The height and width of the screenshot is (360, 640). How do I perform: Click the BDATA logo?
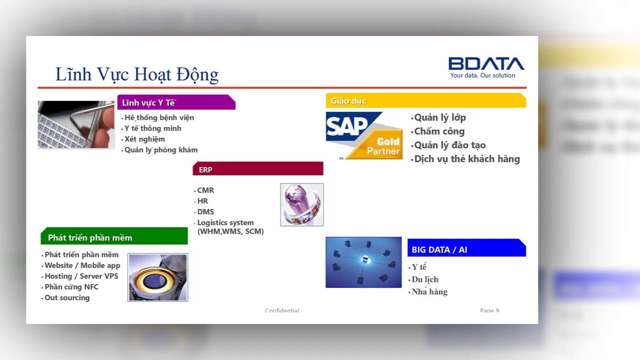coord(486,63)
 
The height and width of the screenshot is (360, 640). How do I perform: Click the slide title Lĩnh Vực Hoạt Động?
coord(136,74)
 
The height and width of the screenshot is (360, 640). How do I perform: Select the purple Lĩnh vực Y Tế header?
coord(175,102)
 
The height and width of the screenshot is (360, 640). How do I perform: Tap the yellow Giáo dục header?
coord(425,100)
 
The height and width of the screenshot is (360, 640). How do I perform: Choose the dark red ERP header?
coord(257,169)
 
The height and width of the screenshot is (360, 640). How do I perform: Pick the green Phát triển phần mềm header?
coord(114,237)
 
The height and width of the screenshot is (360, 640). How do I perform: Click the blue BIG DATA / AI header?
coord(466,249)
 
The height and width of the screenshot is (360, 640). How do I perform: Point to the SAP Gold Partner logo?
coord(364,135)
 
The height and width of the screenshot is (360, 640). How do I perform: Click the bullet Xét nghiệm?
coord(144,139)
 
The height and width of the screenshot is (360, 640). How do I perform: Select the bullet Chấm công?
coord(439,131)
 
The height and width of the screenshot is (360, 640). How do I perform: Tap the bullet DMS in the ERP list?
coord(205,211)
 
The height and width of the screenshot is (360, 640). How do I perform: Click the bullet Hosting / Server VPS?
coord(81,276)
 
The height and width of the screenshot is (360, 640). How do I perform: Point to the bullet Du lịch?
coord(424,279)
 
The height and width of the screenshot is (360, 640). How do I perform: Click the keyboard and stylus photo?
coord(76,124)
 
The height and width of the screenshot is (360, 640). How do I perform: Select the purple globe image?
coord(301,204)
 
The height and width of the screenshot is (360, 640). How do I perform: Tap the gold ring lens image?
coord(157,277)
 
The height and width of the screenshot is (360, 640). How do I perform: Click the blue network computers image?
coord(363,262)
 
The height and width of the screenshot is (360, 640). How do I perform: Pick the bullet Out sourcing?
coord(67,297)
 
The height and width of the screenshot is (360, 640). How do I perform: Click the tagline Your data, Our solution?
coord(482,75)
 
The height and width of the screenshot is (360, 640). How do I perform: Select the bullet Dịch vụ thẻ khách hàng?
coord(467,159)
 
